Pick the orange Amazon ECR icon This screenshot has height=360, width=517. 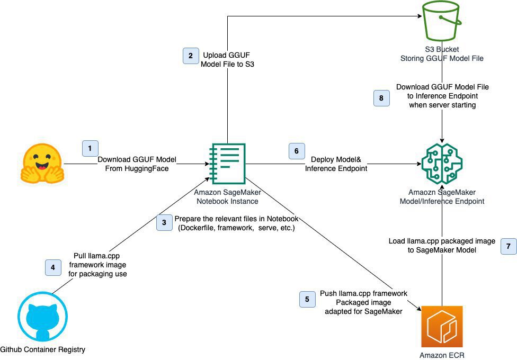click(x=441, y=326)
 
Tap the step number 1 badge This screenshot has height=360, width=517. click(x=90, y=148)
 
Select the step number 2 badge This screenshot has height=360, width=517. click(x=191, y=56)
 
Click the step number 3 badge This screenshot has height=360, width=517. click(x=164, y=223)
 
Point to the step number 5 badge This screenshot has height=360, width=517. click(x=307, y=300)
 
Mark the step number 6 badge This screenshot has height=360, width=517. click(x=296, y=150)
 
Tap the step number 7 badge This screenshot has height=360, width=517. click(x=508, y=247)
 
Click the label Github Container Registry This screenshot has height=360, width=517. click(x=42, y=349)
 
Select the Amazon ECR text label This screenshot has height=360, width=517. click(x=441, y=355)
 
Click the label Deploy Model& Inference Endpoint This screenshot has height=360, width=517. click(x=336, y=164)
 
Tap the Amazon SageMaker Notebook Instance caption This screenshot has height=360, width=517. click(x=228, y=197)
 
